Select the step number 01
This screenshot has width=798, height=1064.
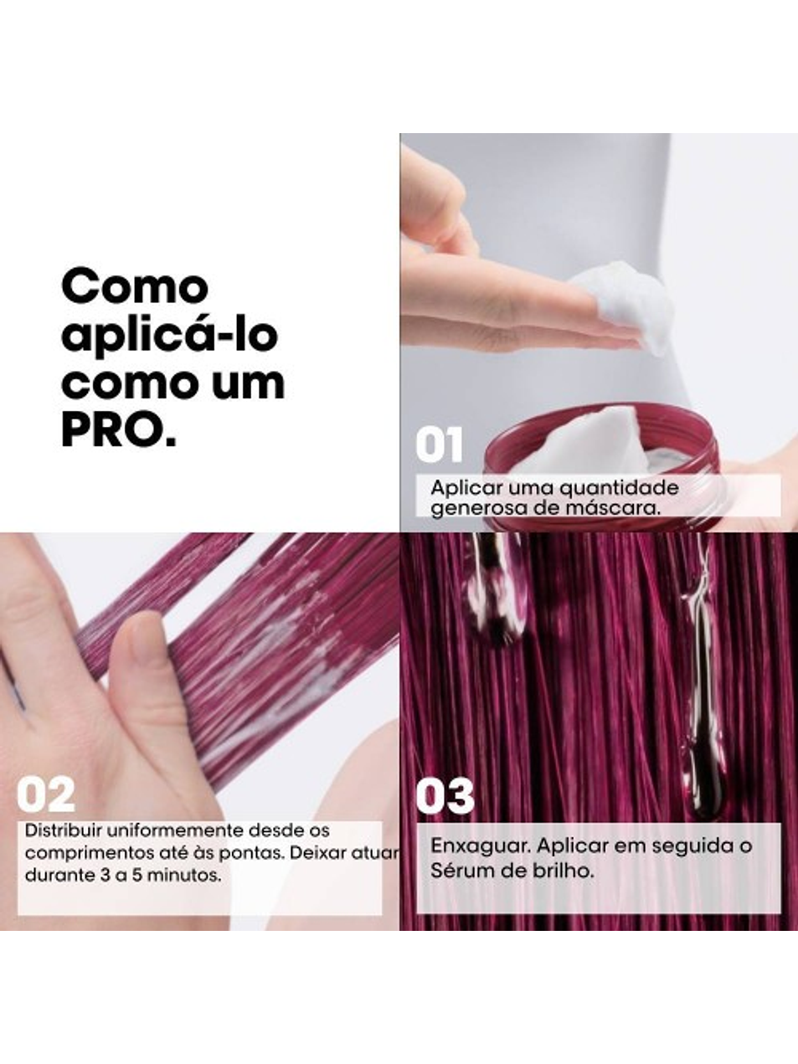coord(440,445)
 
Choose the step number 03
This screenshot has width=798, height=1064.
coord(445,796)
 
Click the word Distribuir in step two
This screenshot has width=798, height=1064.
coord(64,830)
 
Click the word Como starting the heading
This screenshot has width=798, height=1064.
coord(135,288)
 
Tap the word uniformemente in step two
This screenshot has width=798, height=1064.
coord(176,830)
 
